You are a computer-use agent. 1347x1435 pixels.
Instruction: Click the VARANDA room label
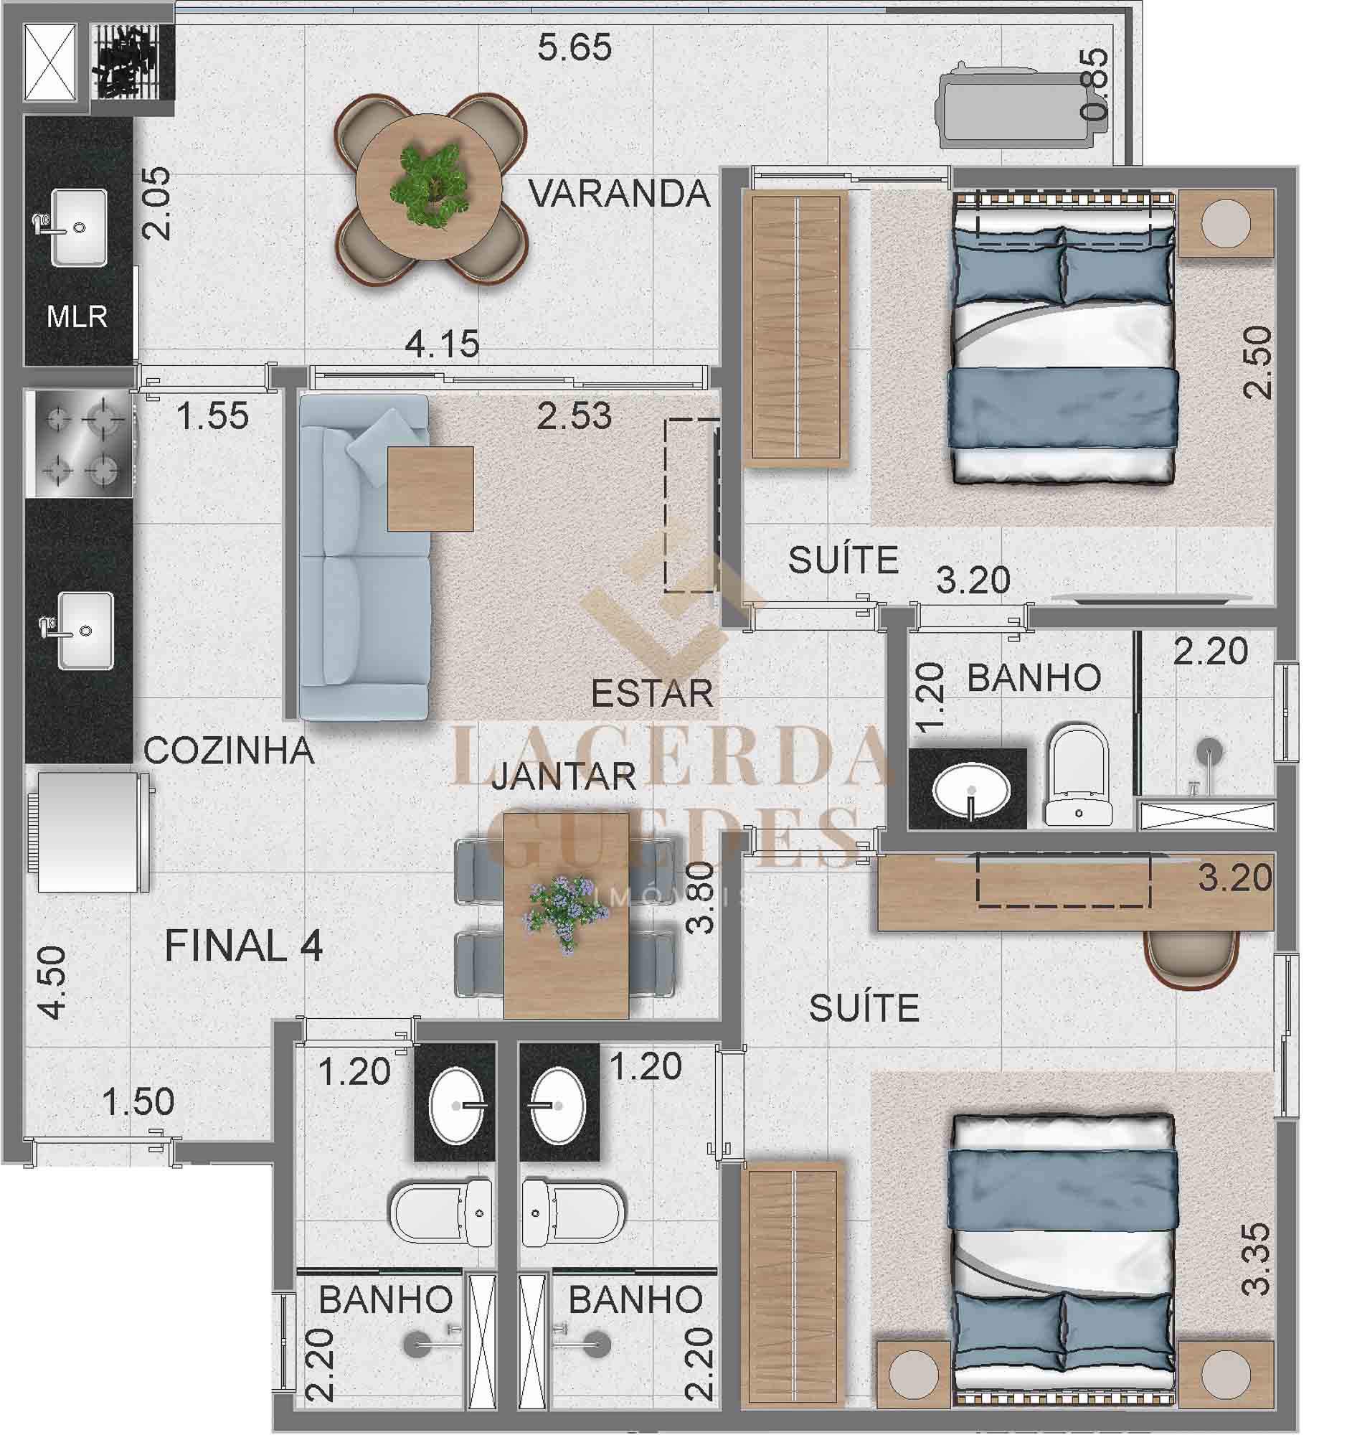619,194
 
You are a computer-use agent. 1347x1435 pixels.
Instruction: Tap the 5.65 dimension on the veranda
575,47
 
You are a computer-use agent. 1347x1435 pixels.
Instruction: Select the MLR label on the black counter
77,316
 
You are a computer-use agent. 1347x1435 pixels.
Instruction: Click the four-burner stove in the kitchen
80,443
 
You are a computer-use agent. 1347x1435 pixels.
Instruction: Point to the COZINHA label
229,751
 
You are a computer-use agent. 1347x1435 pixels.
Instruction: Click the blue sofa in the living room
364,557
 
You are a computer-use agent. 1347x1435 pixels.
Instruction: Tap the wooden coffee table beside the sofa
430,489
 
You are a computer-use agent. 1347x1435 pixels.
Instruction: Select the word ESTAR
652,693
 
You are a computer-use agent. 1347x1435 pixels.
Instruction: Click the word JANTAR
564,776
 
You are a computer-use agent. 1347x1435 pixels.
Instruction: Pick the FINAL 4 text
244,946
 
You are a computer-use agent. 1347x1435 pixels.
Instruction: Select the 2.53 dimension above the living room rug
575,415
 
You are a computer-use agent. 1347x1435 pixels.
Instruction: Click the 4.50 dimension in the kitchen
52,983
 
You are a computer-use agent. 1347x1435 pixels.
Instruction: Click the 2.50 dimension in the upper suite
1257,362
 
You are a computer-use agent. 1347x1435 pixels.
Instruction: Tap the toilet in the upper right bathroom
1079,775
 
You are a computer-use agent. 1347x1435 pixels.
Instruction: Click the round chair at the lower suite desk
1192,959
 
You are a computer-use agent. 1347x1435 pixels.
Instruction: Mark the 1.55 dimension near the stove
212,416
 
